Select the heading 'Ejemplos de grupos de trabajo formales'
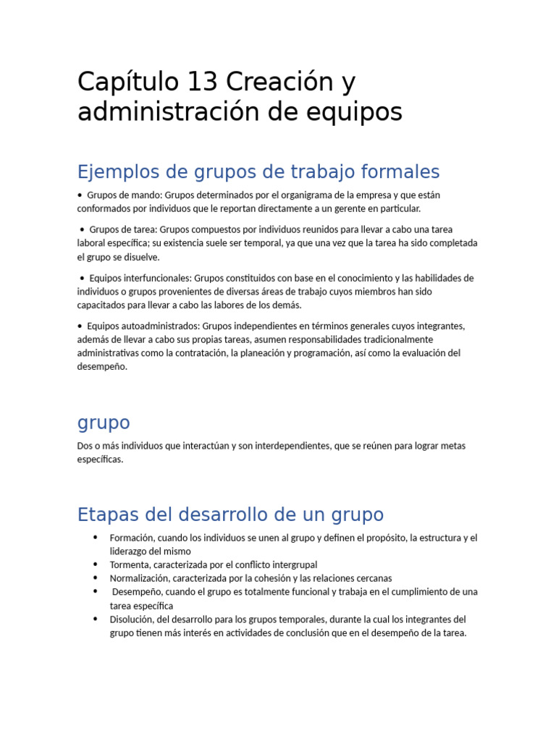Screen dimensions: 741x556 pyautogui.click(x=258, y=172)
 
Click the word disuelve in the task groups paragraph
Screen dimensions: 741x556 pyautogui.click(x=143, y=257)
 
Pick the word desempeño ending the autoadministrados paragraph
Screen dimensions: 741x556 pyautogui.click(x=102, y=367)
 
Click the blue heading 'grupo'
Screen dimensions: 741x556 pyautogui.click(x=104, y=423)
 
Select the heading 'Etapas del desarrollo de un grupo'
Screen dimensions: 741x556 pyautogui.click(x=230, y=515)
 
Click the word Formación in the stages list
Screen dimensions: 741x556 pyautogui.click(x=132, y=538)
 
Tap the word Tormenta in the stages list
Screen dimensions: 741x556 pyautogui.click(x=130, y=564)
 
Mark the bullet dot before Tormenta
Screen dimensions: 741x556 pyautogui.click(x=95, y=564)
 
